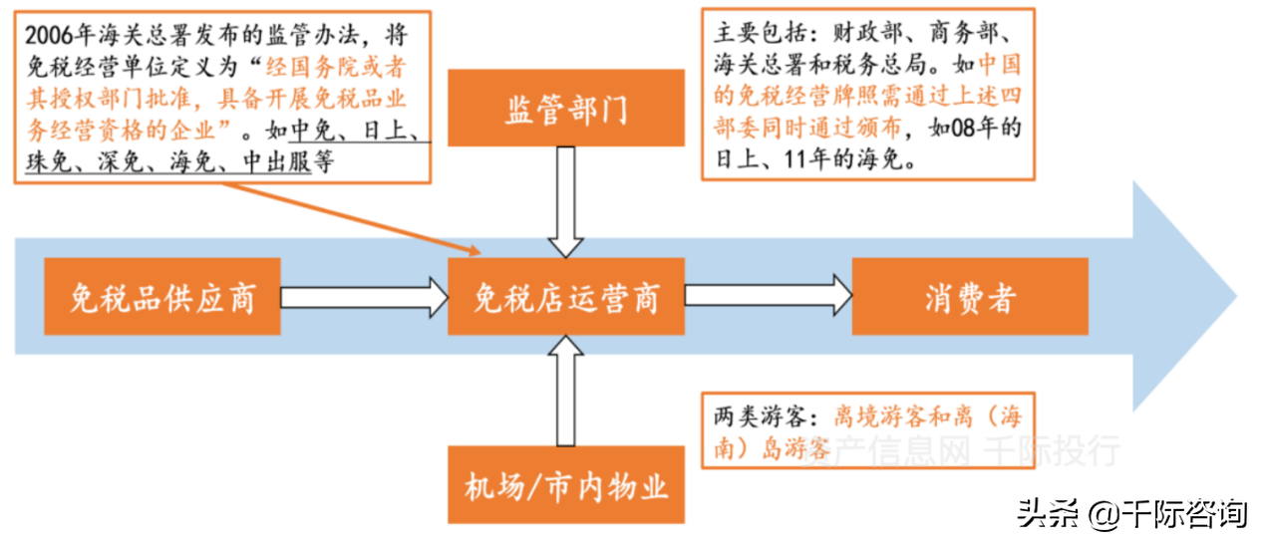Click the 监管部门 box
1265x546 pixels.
(x=566, y=108)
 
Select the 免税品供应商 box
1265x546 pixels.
(x=162, y=297)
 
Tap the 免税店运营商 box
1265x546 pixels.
(x=566, y=297)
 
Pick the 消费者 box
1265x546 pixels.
(x=970, y=297)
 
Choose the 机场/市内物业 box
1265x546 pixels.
(x=566, y=485)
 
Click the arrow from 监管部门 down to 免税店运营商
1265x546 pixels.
(x=566, y=202)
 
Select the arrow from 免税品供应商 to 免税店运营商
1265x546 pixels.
(x=364, y=297)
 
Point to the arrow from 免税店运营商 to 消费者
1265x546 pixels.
(x=768, y=295)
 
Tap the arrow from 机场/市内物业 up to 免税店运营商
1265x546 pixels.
(x=566, y=391)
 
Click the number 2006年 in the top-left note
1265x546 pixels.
(x=59, y=35)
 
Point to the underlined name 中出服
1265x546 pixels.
(x=277, y=162)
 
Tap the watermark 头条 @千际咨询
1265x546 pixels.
(x=1131, y=514)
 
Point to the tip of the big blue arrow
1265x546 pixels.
(x=1237, y=296)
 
